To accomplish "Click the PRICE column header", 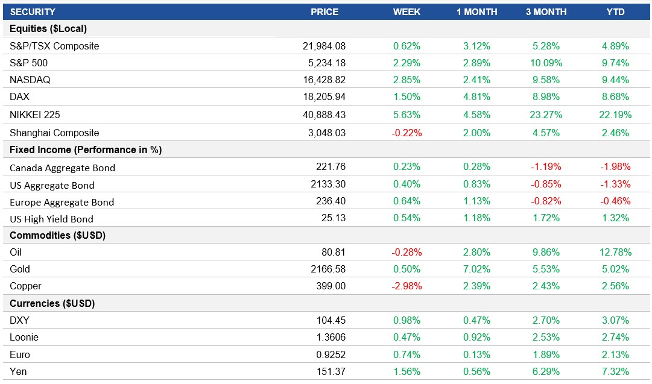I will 324,12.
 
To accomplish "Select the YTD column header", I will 615,12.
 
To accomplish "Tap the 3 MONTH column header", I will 546,12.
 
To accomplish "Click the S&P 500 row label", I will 29,63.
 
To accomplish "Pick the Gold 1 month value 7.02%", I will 476,269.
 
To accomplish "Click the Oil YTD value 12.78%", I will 615,252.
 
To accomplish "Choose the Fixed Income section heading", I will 86,150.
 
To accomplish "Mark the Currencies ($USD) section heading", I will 52,303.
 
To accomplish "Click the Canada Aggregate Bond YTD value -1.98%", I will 615,168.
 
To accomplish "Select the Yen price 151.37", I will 331,371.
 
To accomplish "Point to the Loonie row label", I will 24,337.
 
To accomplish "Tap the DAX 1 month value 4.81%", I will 476,96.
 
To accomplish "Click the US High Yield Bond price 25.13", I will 334,218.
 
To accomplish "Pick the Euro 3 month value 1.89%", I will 546,354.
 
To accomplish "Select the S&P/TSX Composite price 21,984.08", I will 324,46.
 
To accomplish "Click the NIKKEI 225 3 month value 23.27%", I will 546,115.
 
